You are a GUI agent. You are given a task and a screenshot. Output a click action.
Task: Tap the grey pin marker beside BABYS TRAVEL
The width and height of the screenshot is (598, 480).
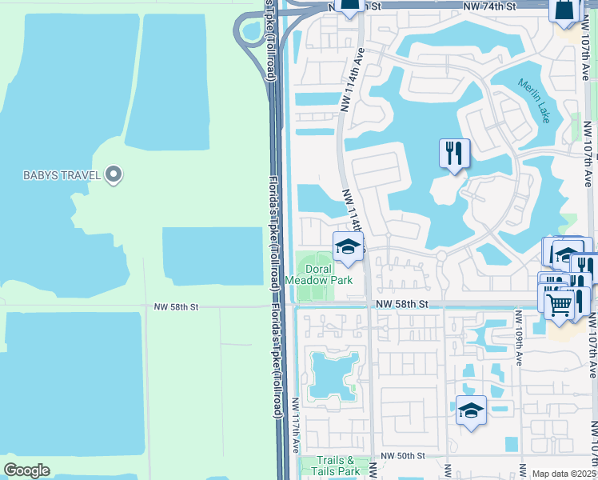point(114,174)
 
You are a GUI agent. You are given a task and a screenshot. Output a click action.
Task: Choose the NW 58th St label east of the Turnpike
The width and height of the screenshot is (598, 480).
point(402,304)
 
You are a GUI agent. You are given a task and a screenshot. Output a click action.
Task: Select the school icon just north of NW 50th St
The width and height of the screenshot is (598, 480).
point(471,410)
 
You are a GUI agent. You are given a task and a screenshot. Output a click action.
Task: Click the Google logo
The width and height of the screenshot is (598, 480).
point(26,470)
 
